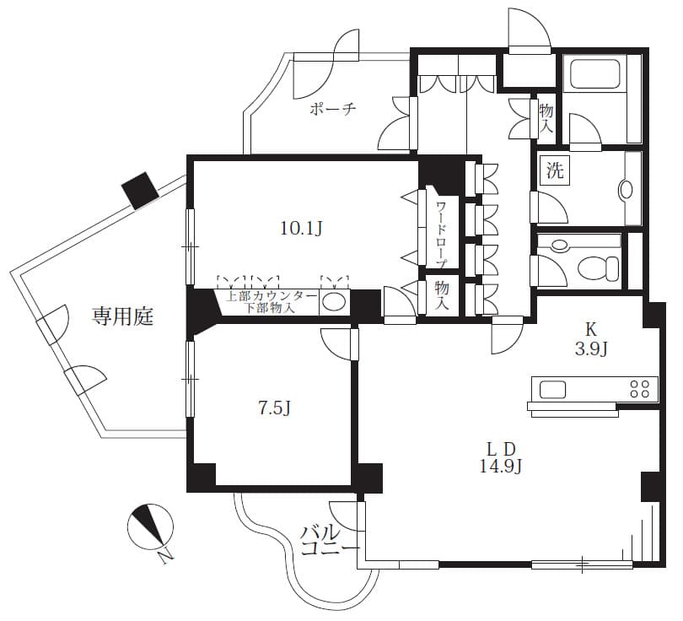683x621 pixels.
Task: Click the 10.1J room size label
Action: click(x=301, y=229)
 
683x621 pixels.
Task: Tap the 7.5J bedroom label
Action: click(x=274, y=408)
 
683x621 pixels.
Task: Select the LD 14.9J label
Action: click(x=501, y=457)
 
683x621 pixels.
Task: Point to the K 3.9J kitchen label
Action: click(x=591, y=339)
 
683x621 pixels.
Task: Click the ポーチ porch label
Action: click(x=333, y=109)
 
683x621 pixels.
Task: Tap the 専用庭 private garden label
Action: click(x=123, y=316)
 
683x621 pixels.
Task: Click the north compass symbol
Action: click(x=150, y=526)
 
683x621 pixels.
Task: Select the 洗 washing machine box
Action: click(x=555, y=170)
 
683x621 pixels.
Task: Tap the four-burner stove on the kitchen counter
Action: click(x=639, y=388)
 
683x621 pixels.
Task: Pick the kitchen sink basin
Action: click(x=553, y=389)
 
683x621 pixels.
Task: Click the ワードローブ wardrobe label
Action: click(x=442, y=235)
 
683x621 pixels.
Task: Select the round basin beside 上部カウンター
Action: click(x=334, y=301)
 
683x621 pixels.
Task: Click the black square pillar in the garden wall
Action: click(x=140, y=191)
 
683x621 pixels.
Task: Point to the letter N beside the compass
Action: click(x=165, y=557)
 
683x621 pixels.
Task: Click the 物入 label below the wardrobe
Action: click(x=441, y=295)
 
